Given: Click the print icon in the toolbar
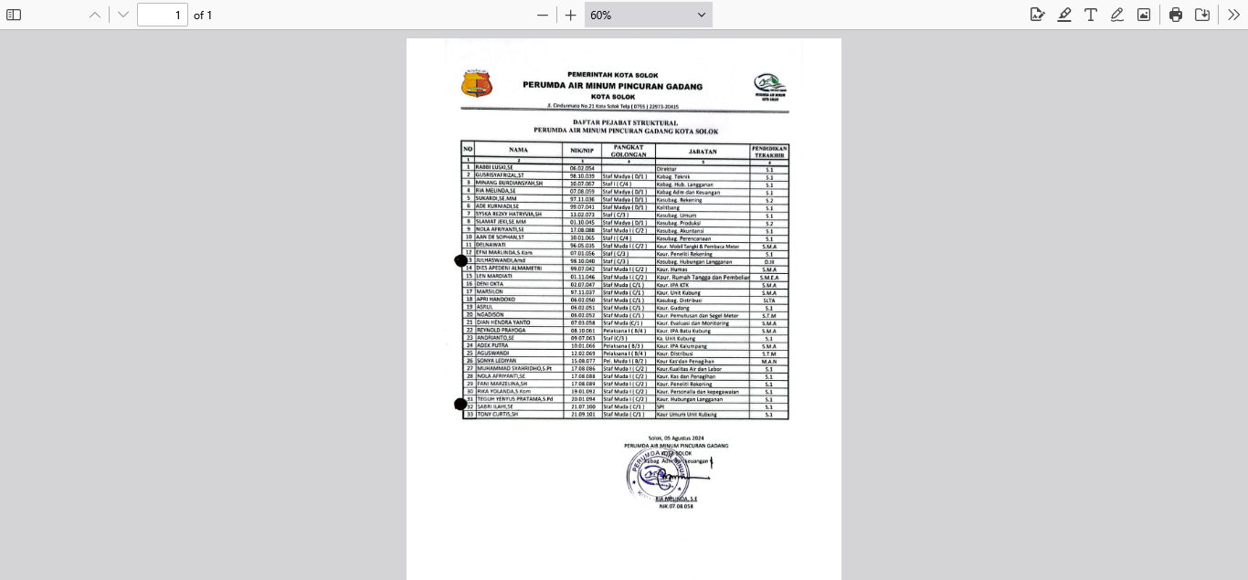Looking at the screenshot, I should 1176,15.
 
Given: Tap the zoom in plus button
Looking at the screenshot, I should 571,15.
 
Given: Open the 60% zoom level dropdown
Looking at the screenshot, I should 648,15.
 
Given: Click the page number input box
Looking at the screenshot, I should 163,15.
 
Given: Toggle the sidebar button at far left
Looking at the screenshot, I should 14,15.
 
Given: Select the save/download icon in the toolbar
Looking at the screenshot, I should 1202,15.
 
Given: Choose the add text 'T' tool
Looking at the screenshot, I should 1091,15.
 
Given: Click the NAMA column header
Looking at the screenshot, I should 519,150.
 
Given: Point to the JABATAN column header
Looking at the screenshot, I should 702,151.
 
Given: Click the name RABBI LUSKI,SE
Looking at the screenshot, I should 494,168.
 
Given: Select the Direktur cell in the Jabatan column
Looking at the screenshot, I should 667,169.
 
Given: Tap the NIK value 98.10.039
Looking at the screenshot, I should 583,176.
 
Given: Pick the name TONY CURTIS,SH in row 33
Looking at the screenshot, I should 498,415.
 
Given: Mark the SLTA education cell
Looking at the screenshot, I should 769,301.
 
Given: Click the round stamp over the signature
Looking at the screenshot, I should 657,473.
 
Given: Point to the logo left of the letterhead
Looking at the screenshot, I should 476,85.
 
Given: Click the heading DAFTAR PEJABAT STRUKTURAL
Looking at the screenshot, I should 625,122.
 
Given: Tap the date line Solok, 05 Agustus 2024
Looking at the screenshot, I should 676,438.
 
